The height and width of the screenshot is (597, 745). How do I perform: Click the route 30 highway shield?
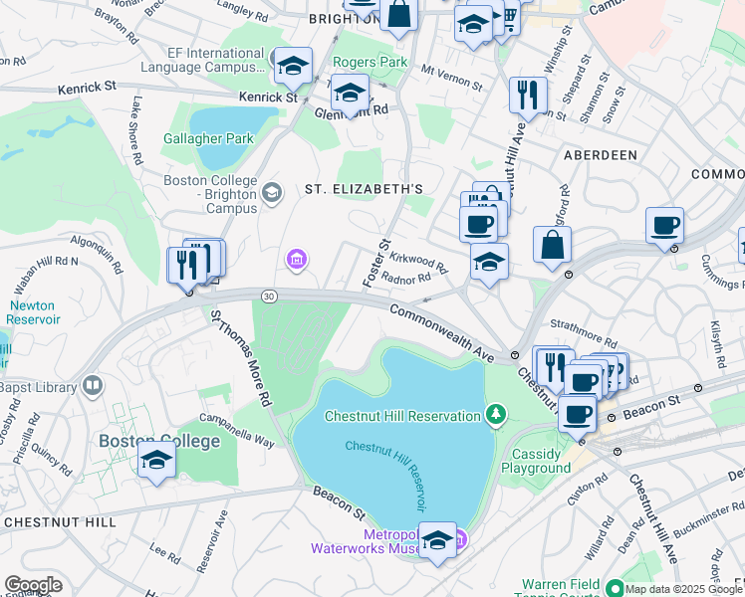tap(269, 297)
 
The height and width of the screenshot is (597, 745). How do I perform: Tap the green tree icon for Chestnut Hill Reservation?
tap(496, 413)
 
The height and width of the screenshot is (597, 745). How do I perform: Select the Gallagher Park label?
tap(209, 139)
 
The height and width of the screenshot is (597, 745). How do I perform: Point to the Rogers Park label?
tap(371, 63)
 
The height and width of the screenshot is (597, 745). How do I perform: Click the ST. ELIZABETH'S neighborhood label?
tap(364, 189)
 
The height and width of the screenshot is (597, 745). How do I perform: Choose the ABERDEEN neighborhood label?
tap(600, 156)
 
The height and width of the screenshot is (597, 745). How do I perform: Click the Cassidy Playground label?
tap(542, 461)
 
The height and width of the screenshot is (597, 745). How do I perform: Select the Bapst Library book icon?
tap(92, 384)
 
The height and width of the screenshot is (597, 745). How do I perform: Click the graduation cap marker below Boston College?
tap(157, 461)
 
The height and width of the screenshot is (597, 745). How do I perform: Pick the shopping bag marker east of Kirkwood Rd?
tap(552, 246)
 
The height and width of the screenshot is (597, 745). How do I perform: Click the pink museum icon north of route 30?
tap(295, 261)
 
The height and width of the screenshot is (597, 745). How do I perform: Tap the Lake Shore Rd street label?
tap(137, 119)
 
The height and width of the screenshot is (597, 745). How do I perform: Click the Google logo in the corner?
tap(33, 585)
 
